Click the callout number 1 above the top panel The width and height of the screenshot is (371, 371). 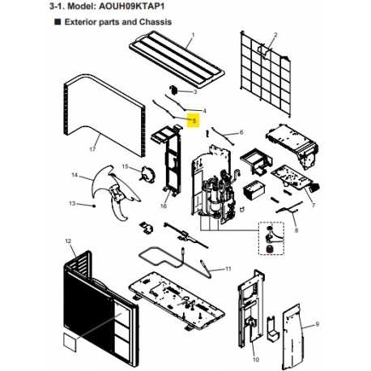[x=193, y=35]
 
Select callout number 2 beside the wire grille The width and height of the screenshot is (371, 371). [x=275, y=35]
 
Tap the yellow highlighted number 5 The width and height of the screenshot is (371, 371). [x=194, y=121]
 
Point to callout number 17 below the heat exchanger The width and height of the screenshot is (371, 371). [x=92, y=149]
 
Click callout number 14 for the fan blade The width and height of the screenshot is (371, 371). [x=75, y=175]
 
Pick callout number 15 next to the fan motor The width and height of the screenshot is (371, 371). [x=125, y=166]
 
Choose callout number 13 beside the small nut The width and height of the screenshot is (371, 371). [x=72, y=203]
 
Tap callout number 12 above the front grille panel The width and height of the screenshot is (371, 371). [x=68, y=241]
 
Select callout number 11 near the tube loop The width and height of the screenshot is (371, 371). [x=228, y=269]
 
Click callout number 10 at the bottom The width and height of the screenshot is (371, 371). [x=256, y=360]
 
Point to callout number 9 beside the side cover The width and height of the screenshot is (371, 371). [x=317, y=324]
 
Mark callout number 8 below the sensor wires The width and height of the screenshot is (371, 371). [x=296, y=230]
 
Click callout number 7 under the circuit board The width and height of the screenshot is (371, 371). [x=313, y=206]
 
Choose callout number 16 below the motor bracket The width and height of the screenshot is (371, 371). [x=164, y=207]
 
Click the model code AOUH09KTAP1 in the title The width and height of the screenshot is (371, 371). [x=132, y=6]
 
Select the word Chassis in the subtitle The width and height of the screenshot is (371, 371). [x=155, y=22]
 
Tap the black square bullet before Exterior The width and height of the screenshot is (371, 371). [x=58, y=22]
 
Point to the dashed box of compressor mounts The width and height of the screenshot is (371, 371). [x=271, y=238]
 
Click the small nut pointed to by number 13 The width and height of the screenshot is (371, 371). [x=94, y=206]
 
